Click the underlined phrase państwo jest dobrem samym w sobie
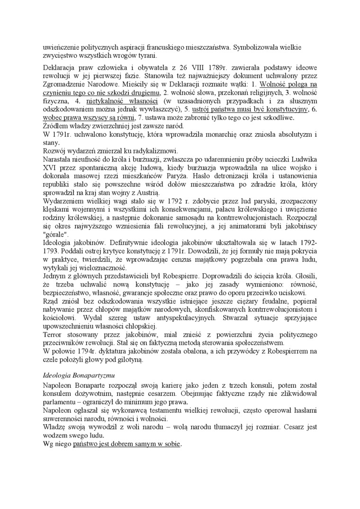point(127,445)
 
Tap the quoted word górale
point(55,234)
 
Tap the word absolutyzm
point(290,134)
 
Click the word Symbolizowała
point(260,47)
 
